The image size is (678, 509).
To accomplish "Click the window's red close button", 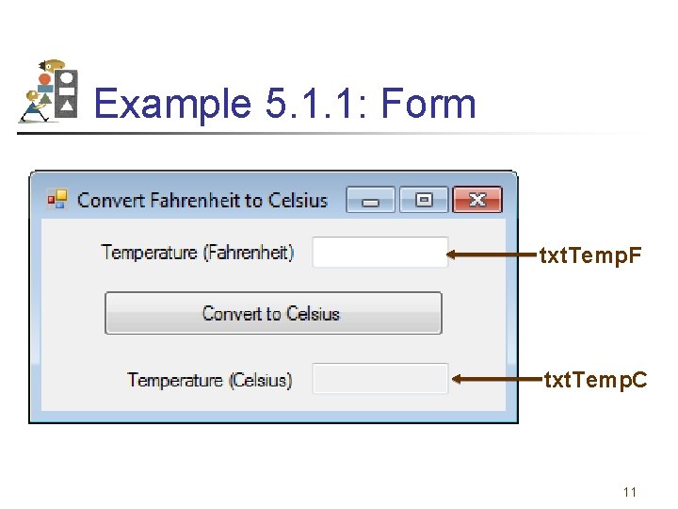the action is (x=476, y=200).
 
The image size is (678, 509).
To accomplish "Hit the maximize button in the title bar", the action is (x=424, y=200).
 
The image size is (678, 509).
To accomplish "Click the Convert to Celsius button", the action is (x=273, y=313).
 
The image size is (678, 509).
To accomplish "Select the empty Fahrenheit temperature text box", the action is (x=379, y=253).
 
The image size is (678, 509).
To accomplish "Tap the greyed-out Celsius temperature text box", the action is (x=379, y=379).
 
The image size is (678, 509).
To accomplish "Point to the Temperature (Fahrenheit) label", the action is (x=198, y=253).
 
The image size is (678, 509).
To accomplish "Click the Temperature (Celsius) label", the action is (x=210, y=380).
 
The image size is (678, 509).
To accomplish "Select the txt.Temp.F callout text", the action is (x=589, y=254).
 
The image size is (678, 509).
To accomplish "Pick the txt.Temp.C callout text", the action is (x=596, y=380).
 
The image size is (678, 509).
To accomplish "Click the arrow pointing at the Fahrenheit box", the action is (x=490, y=254).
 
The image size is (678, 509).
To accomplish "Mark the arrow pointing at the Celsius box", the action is (x=495, y=379).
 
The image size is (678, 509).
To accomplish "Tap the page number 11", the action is (x=630, y=492).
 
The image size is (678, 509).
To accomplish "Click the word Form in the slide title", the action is (x=428, y=104).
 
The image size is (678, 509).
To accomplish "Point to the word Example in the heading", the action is (x=171, y=104).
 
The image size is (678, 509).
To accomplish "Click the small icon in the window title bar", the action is (x=57, y=199).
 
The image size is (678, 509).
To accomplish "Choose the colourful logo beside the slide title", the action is (x=48, y=91).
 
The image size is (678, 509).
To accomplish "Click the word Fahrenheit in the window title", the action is (x=194, y=200).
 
